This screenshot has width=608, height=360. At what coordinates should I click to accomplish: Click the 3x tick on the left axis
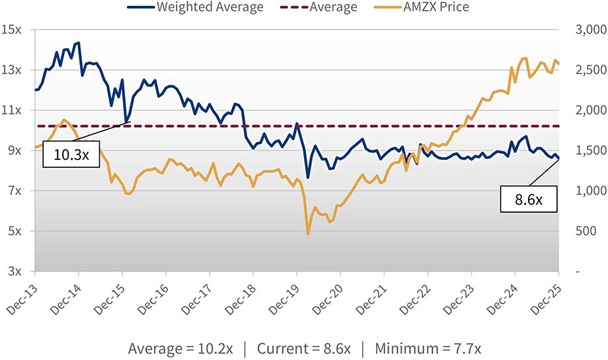pyautogui.click(x=14, y=271)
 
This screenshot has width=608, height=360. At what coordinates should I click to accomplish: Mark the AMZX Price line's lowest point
pyautogui.click(x=308, y=234)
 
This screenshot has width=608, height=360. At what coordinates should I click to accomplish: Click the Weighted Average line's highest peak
pyautogui.click(x=79, y=42)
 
